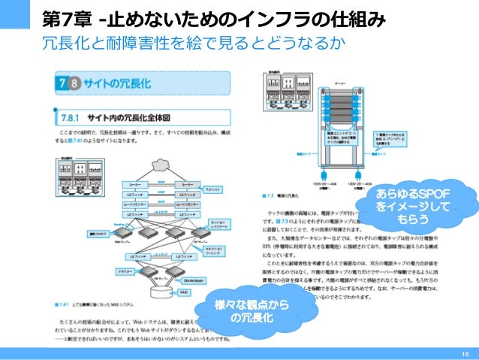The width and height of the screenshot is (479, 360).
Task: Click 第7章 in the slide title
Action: coord(68,17)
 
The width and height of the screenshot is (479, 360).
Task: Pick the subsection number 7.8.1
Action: coord(70,117)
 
